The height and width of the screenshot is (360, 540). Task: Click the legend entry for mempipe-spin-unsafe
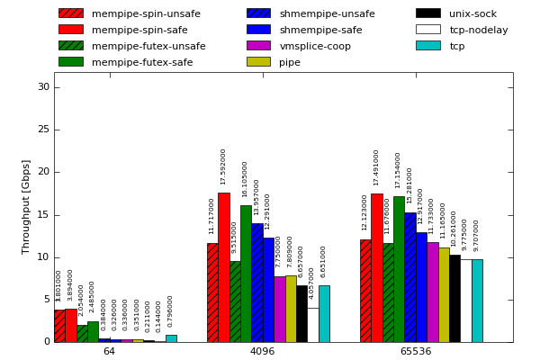point(130,13)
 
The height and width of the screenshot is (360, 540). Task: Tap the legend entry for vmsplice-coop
point(315,46)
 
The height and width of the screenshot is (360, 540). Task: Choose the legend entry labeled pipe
point(290,62)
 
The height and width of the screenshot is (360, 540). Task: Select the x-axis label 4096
point(262,351)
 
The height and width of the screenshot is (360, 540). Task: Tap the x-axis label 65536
point(415,351)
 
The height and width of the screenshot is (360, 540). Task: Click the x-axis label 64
point(109,351)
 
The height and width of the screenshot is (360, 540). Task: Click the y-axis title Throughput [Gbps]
point(27,206)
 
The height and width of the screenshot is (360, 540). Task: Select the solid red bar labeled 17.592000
point(223,267)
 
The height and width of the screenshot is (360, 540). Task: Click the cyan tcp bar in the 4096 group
point(324,313)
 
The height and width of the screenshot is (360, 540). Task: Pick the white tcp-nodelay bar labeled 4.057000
point(312,325)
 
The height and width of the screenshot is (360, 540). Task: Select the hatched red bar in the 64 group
point(59,326)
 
